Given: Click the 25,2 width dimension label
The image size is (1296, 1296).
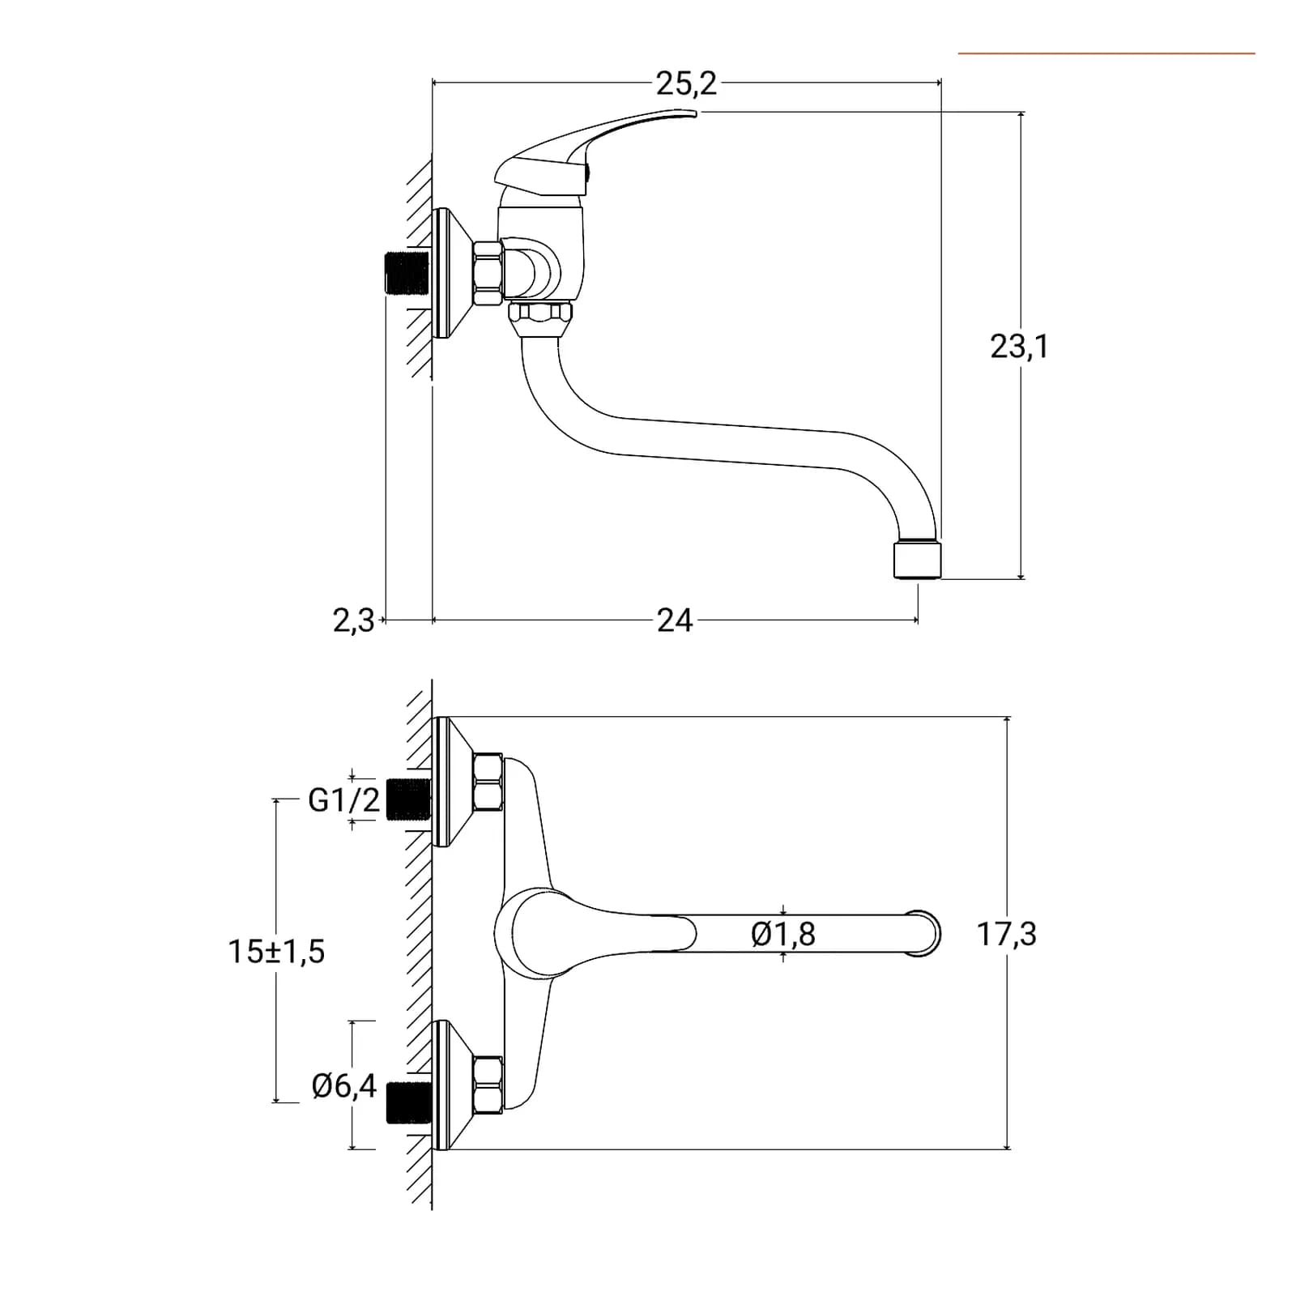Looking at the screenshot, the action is click(686, 83).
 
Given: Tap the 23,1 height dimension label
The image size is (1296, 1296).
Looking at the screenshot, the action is click(1019, 347).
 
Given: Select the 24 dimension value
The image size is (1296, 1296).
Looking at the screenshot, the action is click(675, 620).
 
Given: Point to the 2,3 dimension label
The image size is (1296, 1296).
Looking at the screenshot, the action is click(354, 621).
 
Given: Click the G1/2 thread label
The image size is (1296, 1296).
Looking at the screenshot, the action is click(344, 800).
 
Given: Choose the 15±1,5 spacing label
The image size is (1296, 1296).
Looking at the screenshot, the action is click(276, 951).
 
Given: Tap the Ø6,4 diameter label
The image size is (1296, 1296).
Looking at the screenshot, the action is click(344, 1086).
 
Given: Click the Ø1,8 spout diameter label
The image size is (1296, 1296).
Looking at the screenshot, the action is click(783, 934).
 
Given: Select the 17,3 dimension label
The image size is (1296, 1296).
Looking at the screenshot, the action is click(1007, 934).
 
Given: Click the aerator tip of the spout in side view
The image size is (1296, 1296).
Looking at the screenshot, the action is click(918, 559).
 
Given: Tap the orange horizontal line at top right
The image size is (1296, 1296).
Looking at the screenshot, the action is click(1106, 53).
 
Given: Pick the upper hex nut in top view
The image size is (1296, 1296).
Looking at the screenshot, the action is click(488, 782).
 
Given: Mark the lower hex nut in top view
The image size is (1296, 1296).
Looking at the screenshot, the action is click(488, 1084).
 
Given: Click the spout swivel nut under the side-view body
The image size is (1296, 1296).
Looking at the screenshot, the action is click(539, 319).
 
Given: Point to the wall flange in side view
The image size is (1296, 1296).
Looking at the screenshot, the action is click(454, 273).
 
